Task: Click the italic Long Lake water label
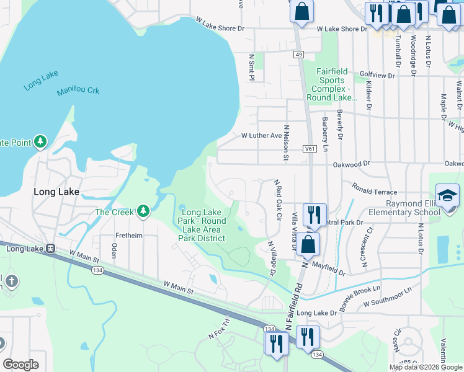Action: click(41, 81)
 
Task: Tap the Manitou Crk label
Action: click(78, 91)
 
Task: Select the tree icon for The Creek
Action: click(143, 212)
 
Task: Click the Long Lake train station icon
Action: click(50, 249)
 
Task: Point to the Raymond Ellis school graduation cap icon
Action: click(447, 197)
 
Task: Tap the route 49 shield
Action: click(299, 55)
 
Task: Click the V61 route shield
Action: click(310, 149)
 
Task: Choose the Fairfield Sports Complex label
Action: click(336, 84)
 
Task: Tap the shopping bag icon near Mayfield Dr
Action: click(308, 244)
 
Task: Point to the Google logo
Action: click(21, 365)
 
